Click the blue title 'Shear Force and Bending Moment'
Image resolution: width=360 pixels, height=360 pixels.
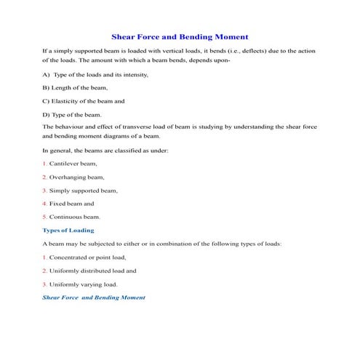click(180, 36)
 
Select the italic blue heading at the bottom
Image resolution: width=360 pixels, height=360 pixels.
click(94, 297)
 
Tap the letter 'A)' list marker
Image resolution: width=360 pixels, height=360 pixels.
click(47, 75)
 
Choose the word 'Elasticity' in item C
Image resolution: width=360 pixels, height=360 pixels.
click(71, 101)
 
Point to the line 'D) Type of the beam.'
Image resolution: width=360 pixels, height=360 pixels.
click(72, 114)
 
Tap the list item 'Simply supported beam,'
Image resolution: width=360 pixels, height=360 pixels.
click(84, 190)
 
